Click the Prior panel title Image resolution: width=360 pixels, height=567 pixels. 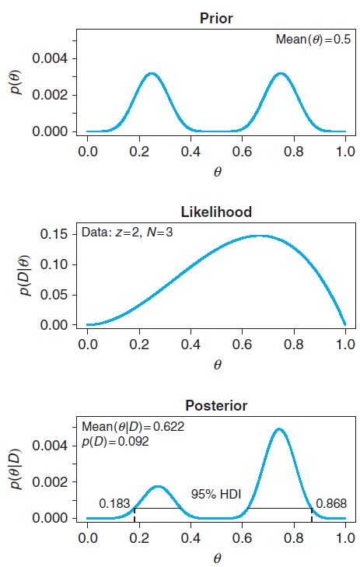[217, 16]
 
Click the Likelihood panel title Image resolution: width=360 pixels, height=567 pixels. [217, 211]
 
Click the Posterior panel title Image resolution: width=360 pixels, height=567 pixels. [217, 405]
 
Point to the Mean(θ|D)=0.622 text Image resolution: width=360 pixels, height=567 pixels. [133, 426]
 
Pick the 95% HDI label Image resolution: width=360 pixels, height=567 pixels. [216, 495]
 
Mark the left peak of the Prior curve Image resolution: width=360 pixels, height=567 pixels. [152, 74]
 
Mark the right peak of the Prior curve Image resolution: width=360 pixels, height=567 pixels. [281, 74]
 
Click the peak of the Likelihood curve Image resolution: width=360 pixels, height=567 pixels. [260, 236]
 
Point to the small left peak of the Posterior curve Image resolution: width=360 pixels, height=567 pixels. [158, 487]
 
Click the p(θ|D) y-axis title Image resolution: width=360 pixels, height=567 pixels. [26, 471]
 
